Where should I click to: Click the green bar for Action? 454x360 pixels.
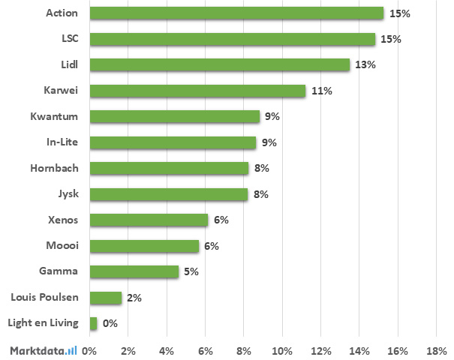tap(236, 13)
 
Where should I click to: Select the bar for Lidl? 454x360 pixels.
tap(219, 65)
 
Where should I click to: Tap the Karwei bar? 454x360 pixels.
tap(197, 91)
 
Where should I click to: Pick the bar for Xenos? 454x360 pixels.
tap(149, 220)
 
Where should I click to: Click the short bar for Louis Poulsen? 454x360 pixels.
tap(105, 298)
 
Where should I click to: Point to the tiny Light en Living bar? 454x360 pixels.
tap(93, 323)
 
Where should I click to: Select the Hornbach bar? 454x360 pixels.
tap(169, 168)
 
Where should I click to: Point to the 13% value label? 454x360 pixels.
tap(365, 65)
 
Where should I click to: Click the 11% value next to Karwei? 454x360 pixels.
tap(323, 91)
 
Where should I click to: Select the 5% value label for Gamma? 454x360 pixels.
tap(191, 271)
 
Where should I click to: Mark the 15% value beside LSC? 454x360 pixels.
tap(391, 39)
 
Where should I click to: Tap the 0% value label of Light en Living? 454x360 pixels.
tap(110, 323)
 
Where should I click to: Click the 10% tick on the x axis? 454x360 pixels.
tap(282, 350)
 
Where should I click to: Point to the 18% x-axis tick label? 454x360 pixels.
tap(436, 350)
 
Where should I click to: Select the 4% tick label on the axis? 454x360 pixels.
tap(167, 350)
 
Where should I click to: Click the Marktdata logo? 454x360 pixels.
tap(44, 349)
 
